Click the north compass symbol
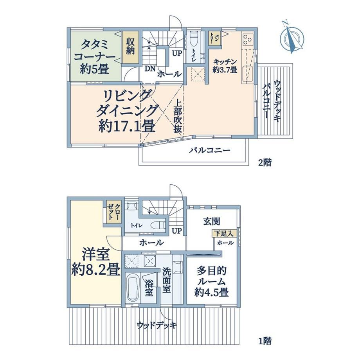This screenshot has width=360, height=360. coord(292,38)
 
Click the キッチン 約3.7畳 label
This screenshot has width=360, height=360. coord(225,66)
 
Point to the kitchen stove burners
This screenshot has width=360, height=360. coord(248,39)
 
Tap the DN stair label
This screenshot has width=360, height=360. coord(150,68)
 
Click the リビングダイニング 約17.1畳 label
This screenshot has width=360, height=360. coord(127,112)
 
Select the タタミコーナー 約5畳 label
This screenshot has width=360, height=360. coord(94,57)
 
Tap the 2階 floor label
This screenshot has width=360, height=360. coord(265,162)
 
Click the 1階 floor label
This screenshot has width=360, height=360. coord(265,341)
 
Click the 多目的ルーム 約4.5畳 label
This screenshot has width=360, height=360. coord(211,281)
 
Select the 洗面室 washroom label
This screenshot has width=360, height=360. coord(167,280)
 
